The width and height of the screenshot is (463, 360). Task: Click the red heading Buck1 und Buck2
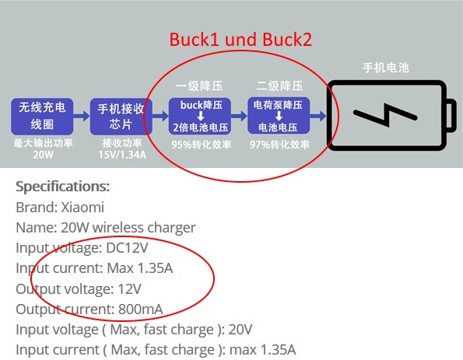pyautogui.click(x=240, y=39)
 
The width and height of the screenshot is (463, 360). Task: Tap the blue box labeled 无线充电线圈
pyautogui.click(x=42, y=117)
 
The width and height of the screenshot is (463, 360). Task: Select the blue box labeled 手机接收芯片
pyautogui.click(x=121, y=117)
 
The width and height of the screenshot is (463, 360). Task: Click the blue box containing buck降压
pyautogui.click(x=200, y=116)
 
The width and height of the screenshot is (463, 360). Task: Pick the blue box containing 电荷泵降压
pyautogui.click(x=279, y=116)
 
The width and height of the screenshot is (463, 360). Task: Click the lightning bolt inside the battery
pyautogui.click(x=386, y=115)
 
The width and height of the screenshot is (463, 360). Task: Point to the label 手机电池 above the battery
pyautogui.click(x=386, y=68)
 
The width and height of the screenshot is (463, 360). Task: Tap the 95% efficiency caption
pyautogui.click(x=202, y=145)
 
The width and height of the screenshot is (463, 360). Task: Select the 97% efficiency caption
pyautogui.click(x=279, y=145)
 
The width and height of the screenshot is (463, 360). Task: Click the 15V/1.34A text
pyautogui.click(x=122, y=155)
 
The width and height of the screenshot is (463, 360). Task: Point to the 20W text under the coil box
pyautogui.click(x=43, y=154)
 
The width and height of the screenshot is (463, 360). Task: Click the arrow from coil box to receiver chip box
pyautogui.click(x=82, y=116)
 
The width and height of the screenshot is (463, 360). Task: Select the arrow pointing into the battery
pyautogui.click(x=318, y=116)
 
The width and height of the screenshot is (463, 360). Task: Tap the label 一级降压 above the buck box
pyautogui.click(x=200, y=86)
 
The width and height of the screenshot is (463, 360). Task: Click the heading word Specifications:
pyautogui.click(x=62, y=187)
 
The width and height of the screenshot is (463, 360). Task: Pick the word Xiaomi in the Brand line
pyautogui.click(x=82, y=207)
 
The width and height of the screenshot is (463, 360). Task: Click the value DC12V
pyautogui.click(x=127, y=247)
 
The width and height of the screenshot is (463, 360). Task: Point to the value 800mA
pyautogui.click(x=141, y=309)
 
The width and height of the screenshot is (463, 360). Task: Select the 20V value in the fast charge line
pyautogui.click(x=240, y=330)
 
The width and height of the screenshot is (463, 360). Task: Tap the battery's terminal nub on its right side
pyautogui.click(x=451, y=115)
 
